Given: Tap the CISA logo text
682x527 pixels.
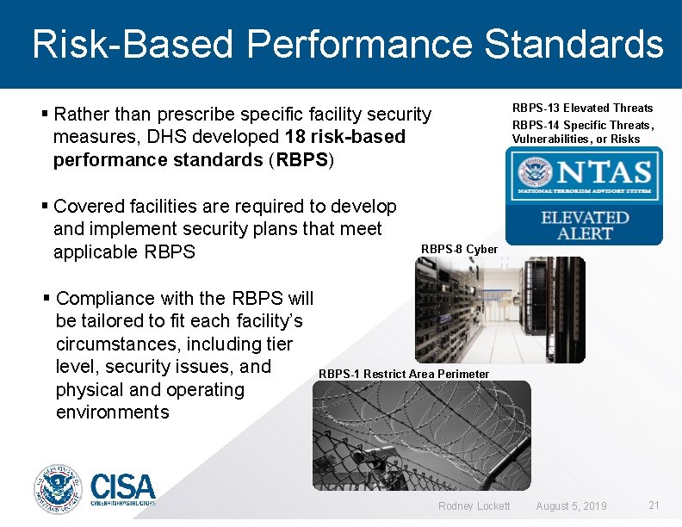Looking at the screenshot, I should [122, 490].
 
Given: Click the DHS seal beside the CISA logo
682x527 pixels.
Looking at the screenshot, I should [58, 490].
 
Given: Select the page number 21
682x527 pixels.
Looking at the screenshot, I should [654, 505].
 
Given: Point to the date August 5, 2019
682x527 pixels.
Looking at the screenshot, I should [571, 505].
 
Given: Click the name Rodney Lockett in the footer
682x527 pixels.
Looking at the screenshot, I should [474, 505].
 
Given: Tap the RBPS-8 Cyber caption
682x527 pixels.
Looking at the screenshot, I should [459, 249].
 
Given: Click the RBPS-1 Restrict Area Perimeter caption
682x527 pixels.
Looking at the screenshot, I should [404, 374].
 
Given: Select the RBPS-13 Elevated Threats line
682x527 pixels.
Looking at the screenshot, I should [582, 108].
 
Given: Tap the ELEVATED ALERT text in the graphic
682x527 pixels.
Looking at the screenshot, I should [584, 226].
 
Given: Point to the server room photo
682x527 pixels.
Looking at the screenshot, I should [499, 309].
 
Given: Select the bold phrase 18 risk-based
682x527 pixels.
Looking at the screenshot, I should [344, 137].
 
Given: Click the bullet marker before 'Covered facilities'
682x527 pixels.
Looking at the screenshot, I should [45, 207].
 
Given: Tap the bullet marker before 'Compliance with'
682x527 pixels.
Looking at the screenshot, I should [46, 299].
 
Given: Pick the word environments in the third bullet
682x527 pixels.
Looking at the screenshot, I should [112, 412].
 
